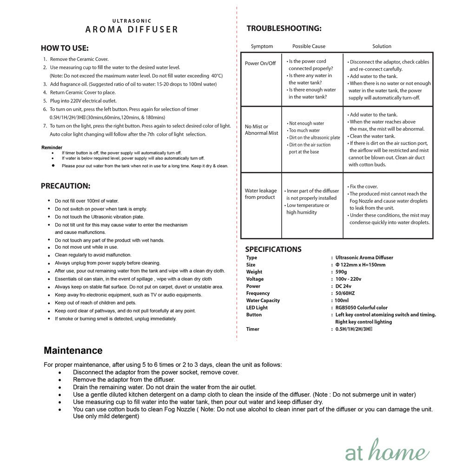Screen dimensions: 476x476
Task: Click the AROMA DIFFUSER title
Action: click(x=132, y=30)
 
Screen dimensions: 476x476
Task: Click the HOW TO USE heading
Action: click(x=65, y=48)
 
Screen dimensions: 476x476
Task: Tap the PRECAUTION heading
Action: click(x=66, y=186)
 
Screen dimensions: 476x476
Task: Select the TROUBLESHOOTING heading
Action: click(x=284, y=29)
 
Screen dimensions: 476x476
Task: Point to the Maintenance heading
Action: click(x=73, y=350)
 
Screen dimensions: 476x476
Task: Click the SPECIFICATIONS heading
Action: click(x=273, y=249)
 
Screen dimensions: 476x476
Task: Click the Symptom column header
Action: click(x=262, y=46)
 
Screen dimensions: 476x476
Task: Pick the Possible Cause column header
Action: click(x=309, y=46)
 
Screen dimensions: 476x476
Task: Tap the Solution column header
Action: click(x=382, y=46)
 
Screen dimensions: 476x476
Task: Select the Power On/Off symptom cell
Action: click(x=260, y=63)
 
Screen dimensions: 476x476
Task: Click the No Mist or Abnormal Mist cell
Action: click(x=261, y=130)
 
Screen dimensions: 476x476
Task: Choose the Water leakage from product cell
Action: click(x=261, y=194)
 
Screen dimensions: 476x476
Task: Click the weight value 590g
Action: click(x=341, y=272)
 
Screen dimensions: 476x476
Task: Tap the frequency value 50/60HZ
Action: click(x=345, y=293)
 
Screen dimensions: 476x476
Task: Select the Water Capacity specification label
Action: click(x=263, y=300)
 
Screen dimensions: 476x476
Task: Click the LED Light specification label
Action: click(x=257, y=308)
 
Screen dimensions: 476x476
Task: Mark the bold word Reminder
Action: click(x=52, y=147)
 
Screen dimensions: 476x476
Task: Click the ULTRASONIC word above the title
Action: click(x=132, y=21)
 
